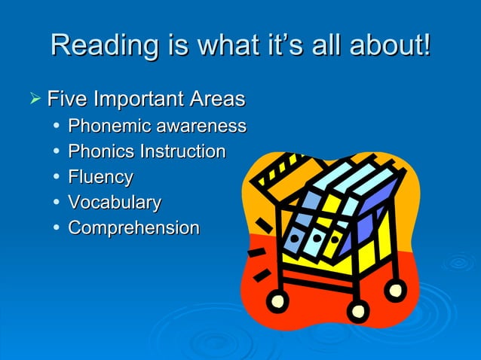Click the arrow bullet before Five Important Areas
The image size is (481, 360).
point(32,99)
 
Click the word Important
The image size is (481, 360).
point(141,99)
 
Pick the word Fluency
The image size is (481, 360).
point(100,178)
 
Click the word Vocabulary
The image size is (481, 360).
point(115,203)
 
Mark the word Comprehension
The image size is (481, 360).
point(134,228)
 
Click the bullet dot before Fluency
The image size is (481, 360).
point(57,178)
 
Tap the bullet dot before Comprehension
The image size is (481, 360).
point(57,228)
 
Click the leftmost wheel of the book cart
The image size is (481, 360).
point(278,302)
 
